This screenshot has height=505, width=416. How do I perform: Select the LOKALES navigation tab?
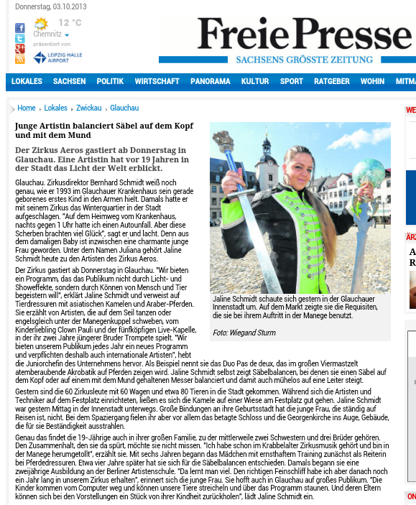[x=27, y=82]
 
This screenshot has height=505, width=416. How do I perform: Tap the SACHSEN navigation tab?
[x=69, y=82]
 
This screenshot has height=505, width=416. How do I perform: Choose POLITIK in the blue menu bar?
[x=110, y=82]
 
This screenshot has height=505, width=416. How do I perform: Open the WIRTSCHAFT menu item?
[x=157, y=82]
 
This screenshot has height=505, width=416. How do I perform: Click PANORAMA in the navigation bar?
[x=211, y=82]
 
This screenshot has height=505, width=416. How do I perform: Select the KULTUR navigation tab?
[x=255, y=82]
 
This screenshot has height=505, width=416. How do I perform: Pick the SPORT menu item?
[x=292, y=82]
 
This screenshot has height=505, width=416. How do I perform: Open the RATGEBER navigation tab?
[x=332, y=82]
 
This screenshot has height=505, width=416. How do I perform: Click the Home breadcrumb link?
[x=27, y=108]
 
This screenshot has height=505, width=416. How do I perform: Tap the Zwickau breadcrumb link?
[x=89, y=108]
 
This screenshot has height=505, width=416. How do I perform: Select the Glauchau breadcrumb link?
[x=124, y=108]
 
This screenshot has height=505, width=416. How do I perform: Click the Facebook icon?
[x=19, y=28]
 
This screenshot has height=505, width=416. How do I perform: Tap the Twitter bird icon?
[x=19, y=39]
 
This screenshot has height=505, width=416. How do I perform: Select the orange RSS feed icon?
[x=19, y=60]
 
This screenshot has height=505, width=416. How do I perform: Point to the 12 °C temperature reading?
[x=70, y=23]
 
